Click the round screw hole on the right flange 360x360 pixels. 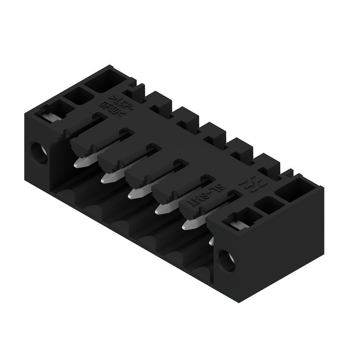[x=226, y=260]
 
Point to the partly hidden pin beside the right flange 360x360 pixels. [x=211, y=241]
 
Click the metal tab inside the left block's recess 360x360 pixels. [x=51, y=116]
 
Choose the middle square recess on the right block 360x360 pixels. [x=269, y=205]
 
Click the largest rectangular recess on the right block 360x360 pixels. [x=297, y=189]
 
